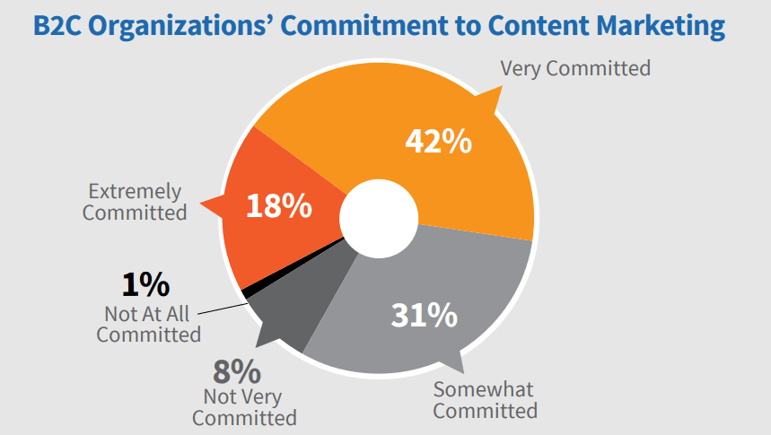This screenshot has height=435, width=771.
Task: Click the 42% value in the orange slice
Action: (x=438, y=141)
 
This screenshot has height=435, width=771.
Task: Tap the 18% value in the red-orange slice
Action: (x=278, y=206)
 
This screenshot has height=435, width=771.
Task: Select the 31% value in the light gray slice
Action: (x=424, y=315)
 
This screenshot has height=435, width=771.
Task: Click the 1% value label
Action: (x=145, y=285)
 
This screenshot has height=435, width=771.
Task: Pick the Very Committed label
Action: (x=574, y=68)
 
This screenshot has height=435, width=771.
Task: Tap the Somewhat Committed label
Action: (x=486, y=400)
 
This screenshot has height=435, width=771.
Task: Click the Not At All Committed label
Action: (x=149, y=324)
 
